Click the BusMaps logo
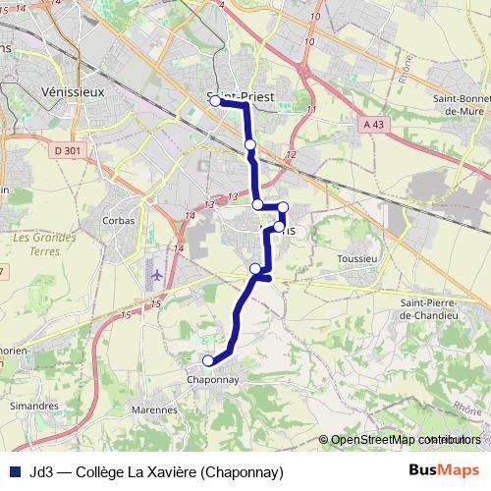coord(444,470)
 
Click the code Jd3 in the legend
coord(41,471)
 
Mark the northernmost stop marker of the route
coord(215,100)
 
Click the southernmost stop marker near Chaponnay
coord(207,360)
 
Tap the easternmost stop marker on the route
coord(283,206)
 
